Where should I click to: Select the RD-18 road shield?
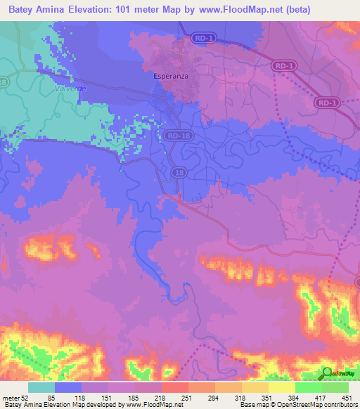click(x=178, y=134)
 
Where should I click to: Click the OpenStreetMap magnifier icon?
click(x=327, y=373)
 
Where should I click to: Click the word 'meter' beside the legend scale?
click(x=10, y=398)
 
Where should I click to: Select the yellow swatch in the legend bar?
click(x=281, y=387)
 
